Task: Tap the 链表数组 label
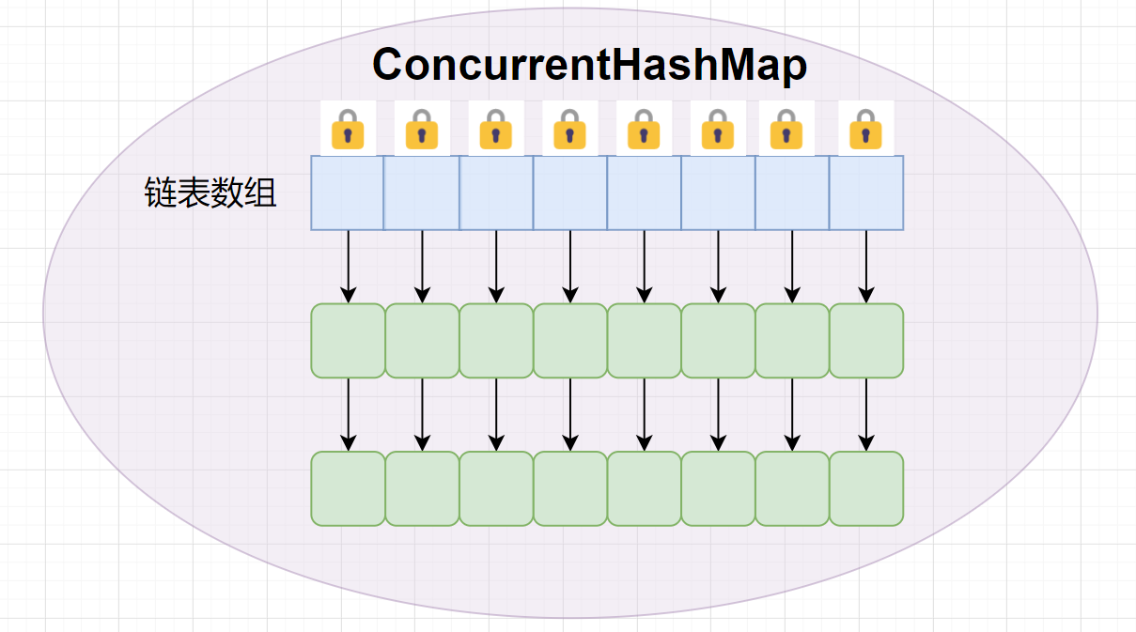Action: coord(210,193)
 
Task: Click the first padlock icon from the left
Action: coord(348,129)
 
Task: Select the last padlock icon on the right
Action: coord(865,129)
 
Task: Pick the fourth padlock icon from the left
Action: coord(569,129)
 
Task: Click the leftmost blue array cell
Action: coord(348,193)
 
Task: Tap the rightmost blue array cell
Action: coord(866,193)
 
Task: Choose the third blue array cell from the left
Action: coord(496,193)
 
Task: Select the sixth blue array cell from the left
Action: coord(718,193)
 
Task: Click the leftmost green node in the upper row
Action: coord(348,340)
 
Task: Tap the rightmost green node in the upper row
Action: coord(866,340)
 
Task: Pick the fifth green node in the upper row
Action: coord(644,340)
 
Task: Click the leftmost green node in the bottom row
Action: coord(348,488)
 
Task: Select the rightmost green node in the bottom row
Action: coord(866,488)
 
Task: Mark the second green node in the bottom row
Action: coord(422,488)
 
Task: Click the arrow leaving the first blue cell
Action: coord(349,267)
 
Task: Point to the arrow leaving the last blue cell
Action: coord(866,267)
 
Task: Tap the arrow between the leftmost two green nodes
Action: coord(349,414)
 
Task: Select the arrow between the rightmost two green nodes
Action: coord(866,414)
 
